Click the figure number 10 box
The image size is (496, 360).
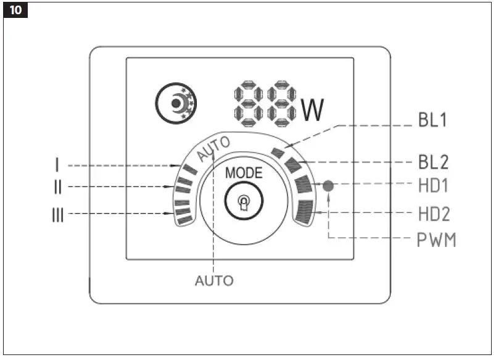(x=15, y=11)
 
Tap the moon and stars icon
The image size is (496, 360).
(x=174, y=103)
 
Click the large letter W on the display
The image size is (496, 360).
(x=313, y=109)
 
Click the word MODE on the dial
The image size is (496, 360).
(x=243, y=172)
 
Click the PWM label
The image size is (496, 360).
(x=435, y=240)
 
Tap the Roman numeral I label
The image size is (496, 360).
(x=57, y=165)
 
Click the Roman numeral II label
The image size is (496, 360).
(x=57, y=186)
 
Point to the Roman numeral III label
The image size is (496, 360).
(x=57, y=215)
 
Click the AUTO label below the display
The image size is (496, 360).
(x=214, y=281)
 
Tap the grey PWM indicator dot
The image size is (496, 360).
(x=328, y=185)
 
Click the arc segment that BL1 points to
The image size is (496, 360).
(x=278, y=152)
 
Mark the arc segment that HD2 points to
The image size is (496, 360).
(x=305, y=213)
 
